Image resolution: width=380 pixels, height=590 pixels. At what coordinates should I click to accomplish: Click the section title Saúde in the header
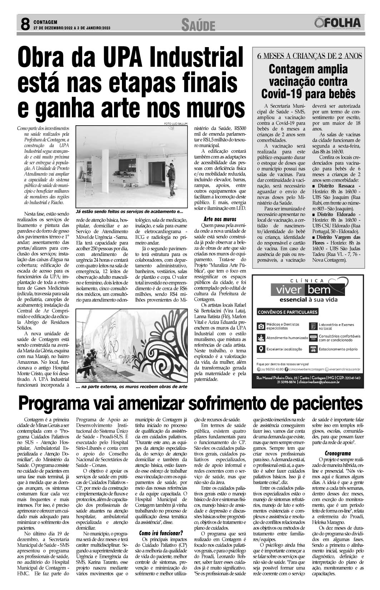(x=198, y=25)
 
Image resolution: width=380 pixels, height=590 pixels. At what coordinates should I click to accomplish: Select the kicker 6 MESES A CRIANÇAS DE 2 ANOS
(x=310, y=56)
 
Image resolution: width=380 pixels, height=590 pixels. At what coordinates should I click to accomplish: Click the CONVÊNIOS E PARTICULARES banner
(x=287, y=312)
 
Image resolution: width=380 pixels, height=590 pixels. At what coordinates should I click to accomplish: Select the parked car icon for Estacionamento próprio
(x=313, y=350)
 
